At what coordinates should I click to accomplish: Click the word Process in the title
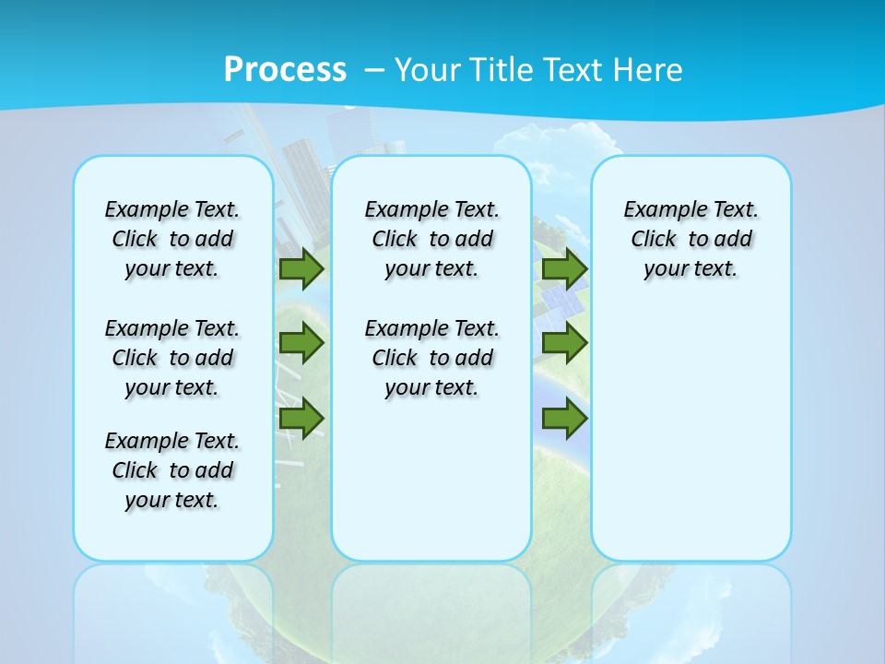pos(285,70)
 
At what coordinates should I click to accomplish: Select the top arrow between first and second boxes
pos(301,268)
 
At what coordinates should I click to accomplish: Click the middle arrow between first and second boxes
pos(301,343)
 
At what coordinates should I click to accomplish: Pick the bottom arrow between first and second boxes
pos(301,418)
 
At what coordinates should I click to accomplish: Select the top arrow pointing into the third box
pos(564,268)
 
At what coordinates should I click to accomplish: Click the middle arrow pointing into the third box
pos(564,343)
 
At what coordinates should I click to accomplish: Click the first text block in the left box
pos(172,239)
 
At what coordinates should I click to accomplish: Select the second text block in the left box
pos(172,358)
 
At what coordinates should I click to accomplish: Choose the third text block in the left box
pos(172,470)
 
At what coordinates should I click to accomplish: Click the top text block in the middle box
pos(431,239)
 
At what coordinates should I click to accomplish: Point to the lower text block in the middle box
pos(431,358)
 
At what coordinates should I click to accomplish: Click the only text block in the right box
pos(691,239)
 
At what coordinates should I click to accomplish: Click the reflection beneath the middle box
pos(431,609)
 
